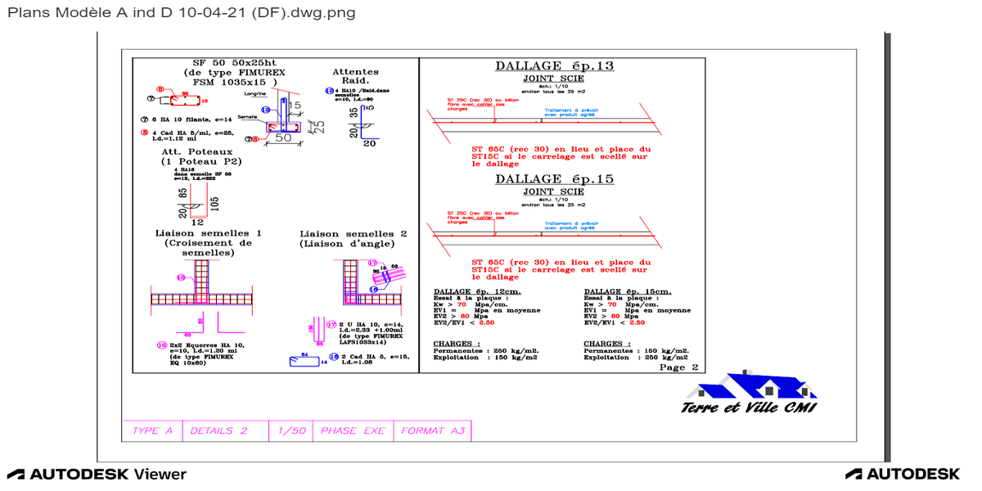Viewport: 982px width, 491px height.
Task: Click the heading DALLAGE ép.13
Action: click(x=554, y=66)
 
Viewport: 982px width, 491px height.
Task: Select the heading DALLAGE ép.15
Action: click(x=554, y=179)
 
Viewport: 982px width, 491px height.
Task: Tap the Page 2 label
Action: click(x=678, y=367)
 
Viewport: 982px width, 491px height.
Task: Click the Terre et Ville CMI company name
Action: click(x=749, y=408)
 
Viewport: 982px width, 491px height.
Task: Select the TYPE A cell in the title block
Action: click(x=152, y=430)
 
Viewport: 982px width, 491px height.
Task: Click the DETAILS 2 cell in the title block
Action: click(x=218, y=430)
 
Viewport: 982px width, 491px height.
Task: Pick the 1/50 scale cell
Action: click(x=291, y=430)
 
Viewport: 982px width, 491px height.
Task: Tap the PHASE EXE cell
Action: click(x=352, y=430)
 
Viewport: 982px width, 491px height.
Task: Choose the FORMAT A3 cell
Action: click(x=432, y=430)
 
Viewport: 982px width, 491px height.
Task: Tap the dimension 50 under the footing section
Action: click(x=283, y=138)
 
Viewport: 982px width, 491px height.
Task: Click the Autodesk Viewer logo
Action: click(x=97, y=475)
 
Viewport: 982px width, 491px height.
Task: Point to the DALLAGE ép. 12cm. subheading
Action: click(x=477, y=292)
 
